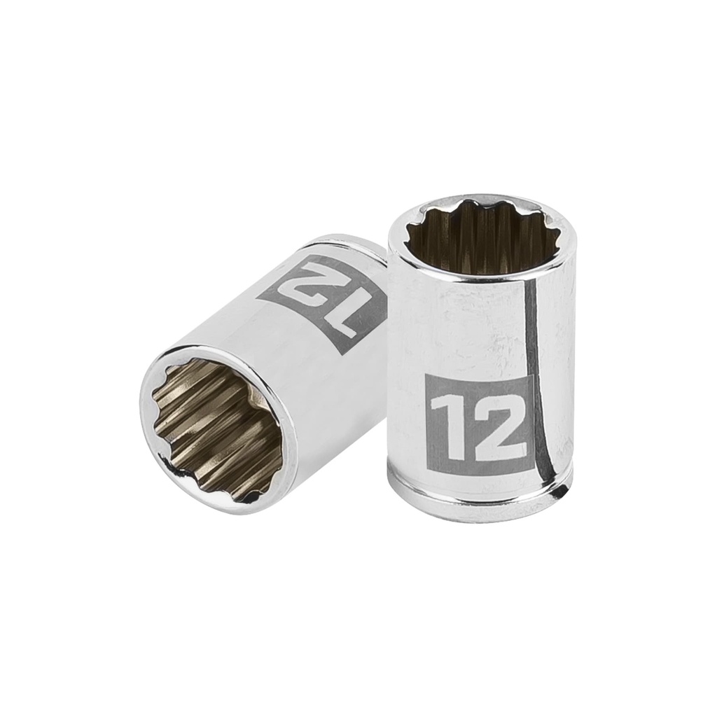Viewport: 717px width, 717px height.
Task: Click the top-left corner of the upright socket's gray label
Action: coord(426,375)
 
